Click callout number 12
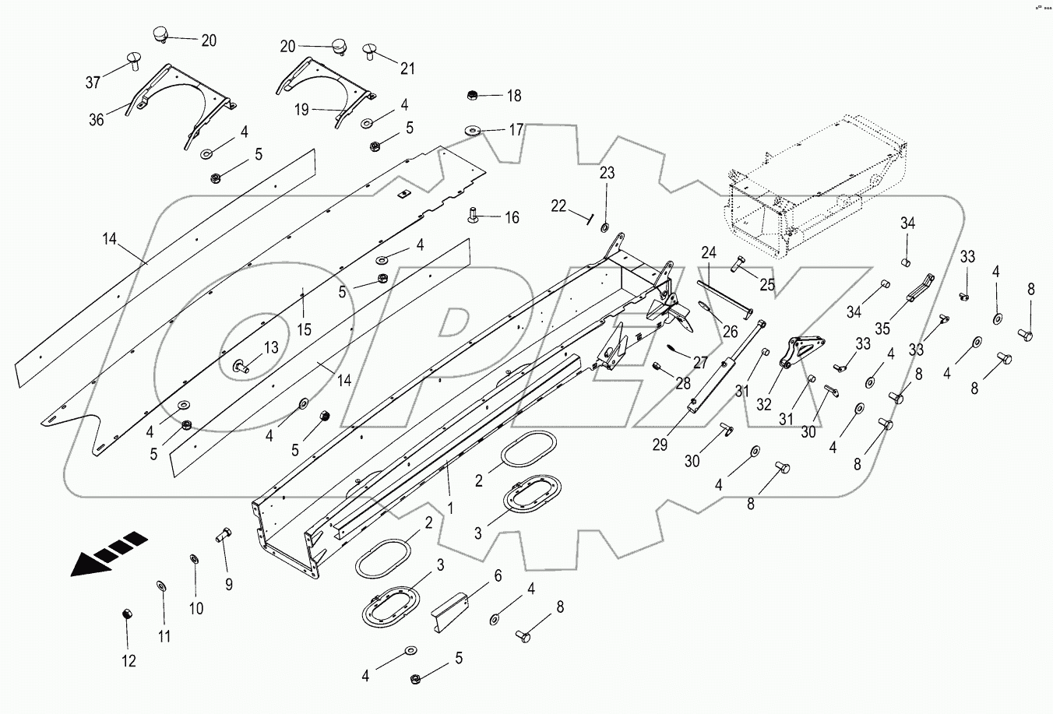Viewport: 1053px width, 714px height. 129,661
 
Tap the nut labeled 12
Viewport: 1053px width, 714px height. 126,614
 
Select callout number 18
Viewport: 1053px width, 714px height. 514,96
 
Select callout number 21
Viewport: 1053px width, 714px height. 407,69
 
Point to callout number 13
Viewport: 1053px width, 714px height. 269,348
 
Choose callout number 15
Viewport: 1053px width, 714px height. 304,329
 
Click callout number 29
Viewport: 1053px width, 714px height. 660,445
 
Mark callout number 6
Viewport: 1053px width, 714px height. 497,576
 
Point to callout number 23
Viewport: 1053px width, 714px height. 607,173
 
